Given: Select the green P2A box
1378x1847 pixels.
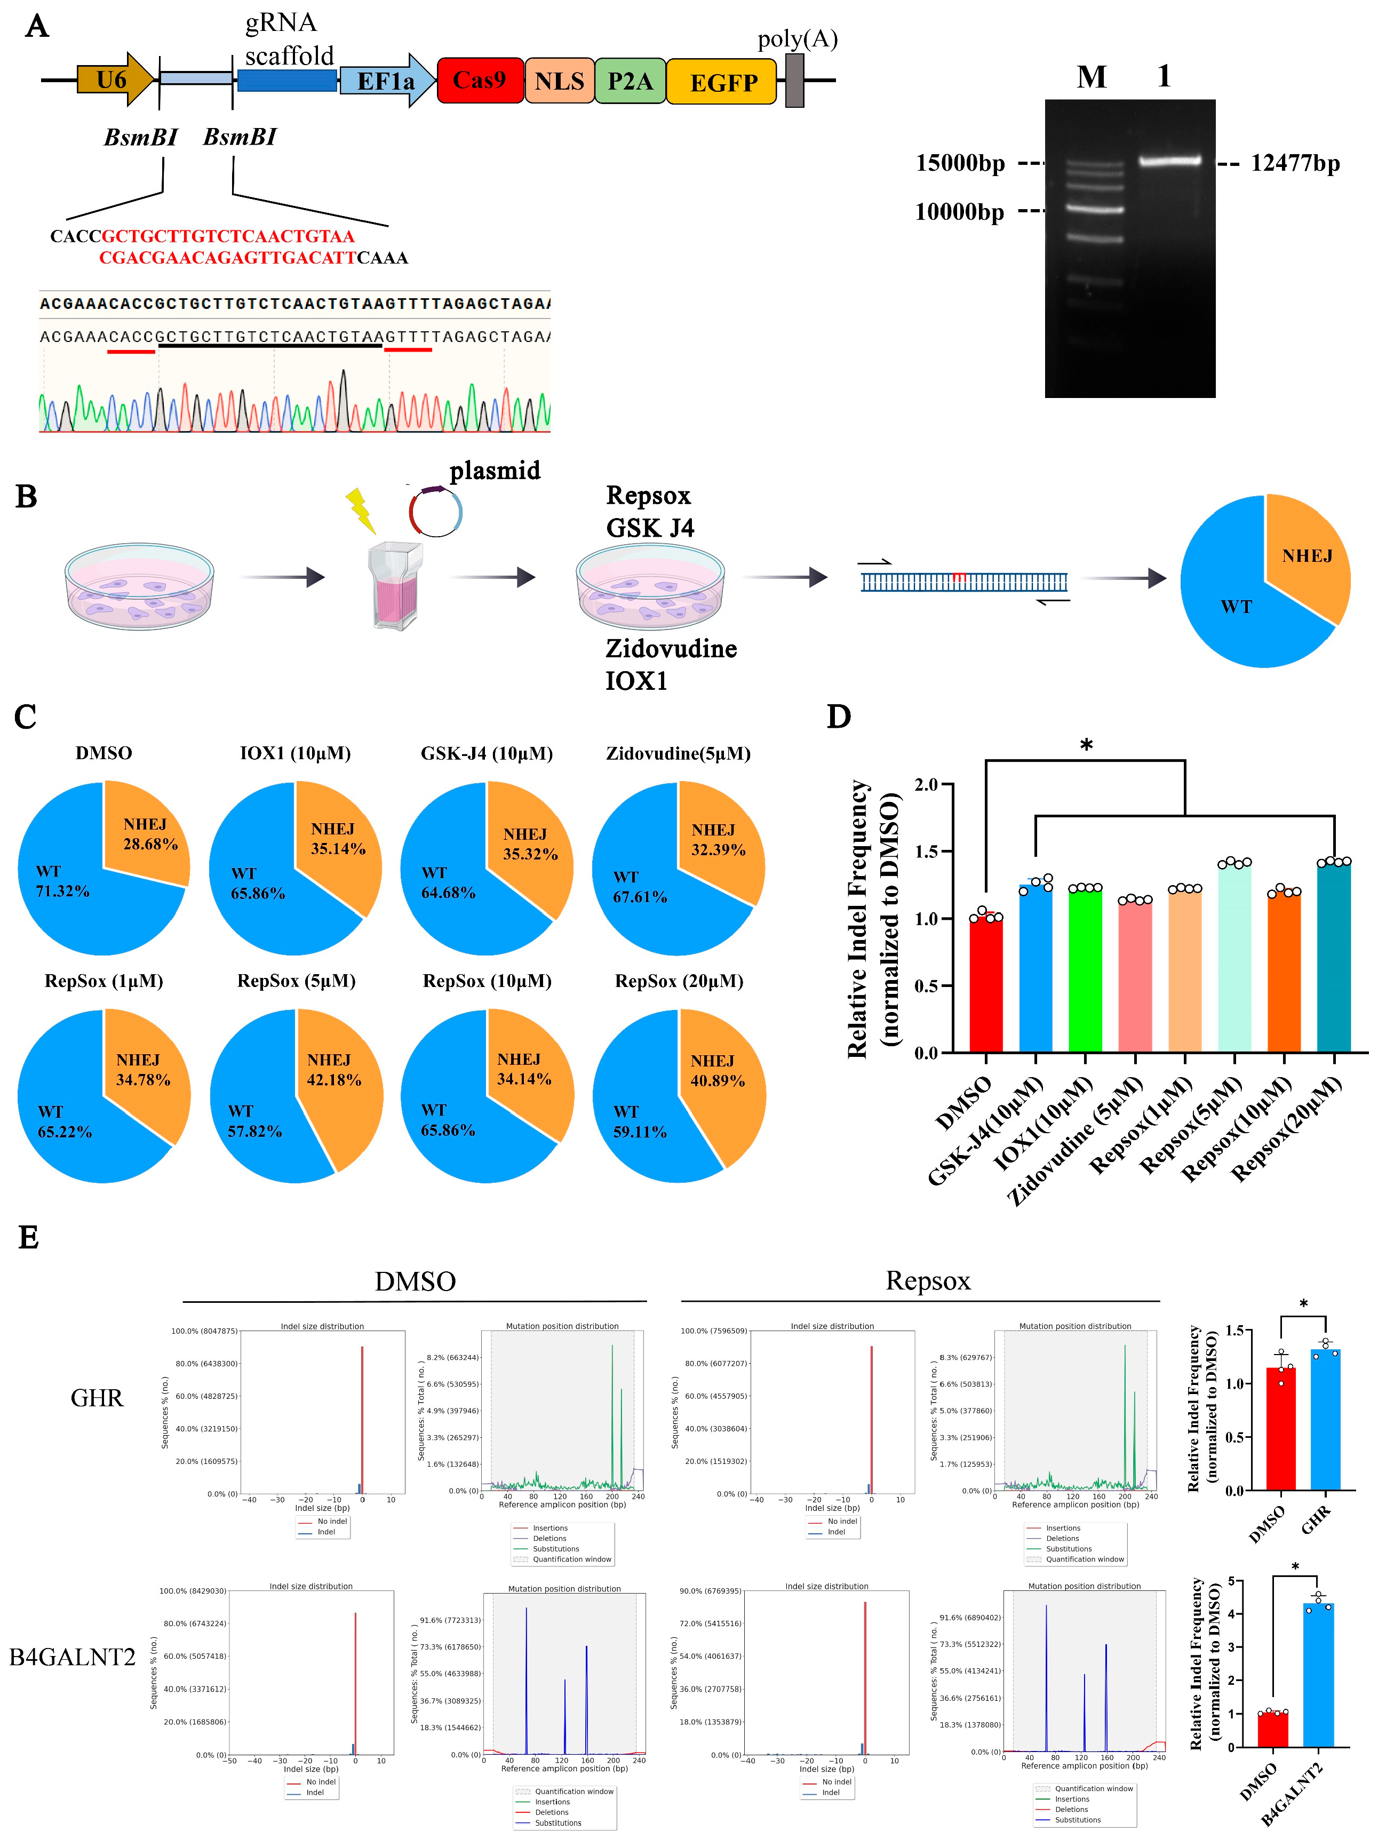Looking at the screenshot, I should (630, 81).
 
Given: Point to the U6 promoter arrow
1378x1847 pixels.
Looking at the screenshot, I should (114, 80).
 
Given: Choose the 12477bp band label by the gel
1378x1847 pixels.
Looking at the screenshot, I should (1295, 163).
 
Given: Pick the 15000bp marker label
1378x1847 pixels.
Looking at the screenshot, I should (960, 163).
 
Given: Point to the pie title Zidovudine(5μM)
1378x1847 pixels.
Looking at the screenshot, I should (678, 753).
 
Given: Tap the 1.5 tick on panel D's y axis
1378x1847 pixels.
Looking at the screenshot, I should (926, 852).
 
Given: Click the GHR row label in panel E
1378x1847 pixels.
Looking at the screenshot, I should (97, 1397).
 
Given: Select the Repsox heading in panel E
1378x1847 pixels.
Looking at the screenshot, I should (928, 1280).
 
